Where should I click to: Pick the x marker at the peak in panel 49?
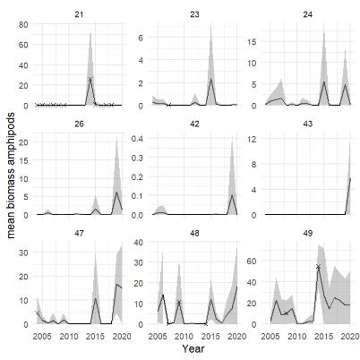318,267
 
